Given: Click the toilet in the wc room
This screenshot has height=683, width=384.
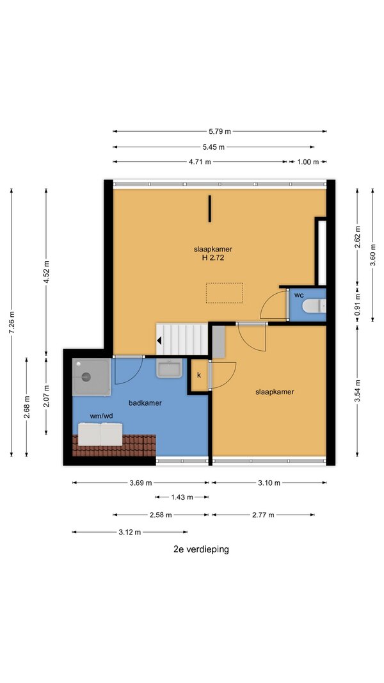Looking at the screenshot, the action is click(x=314, y=306).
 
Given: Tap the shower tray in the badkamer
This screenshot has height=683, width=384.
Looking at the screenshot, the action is click(x=91, y=377).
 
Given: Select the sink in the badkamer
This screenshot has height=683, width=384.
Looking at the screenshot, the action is click(x=169, y=369).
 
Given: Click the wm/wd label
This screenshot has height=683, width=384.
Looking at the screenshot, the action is click(x=102, y=416).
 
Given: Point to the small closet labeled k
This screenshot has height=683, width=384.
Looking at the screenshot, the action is click(x=199, y=375).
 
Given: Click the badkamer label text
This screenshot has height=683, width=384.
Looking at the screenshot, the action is click(x=145, y=403).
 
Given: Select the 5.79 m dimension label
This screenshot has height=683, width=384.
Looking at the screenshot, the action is click(x=220, y=131).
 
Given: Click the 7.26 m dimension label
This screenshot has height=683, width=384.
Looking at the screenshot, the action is click(x=12, y=323).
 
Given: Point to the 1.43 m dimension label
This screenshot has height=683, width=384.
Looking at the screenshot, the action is click(x=182, y=497).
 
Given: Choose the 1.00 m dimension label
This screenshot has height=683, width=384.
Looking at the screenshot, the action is click(x=308, y=161).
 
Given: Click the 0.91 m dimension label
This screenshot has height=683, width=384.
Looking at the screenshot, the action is click(x=357, y=306).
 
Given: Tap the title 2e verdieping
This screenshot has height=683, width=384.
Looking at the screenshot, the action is click(x=201, y=549).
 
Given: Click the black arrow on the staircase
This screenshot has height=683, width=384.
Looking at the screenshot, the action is click(x=160, y=340).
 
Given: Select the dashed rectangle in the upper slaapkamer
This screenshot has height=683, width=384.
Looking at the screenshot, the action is click(x=224, y=293).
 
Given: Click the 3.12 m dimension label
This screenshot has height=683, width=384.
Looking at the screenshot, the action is click(x=130, y=532).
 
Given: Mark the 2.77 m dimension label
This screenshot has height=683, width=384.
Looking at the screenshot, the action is click(x=264, y=515).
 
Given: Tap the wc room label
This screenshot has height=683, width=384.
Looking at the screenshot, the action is click(x=299, y=295).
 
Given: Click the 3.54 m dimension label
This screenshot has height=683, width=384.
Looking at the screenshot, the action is click(x=357, y=392).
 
